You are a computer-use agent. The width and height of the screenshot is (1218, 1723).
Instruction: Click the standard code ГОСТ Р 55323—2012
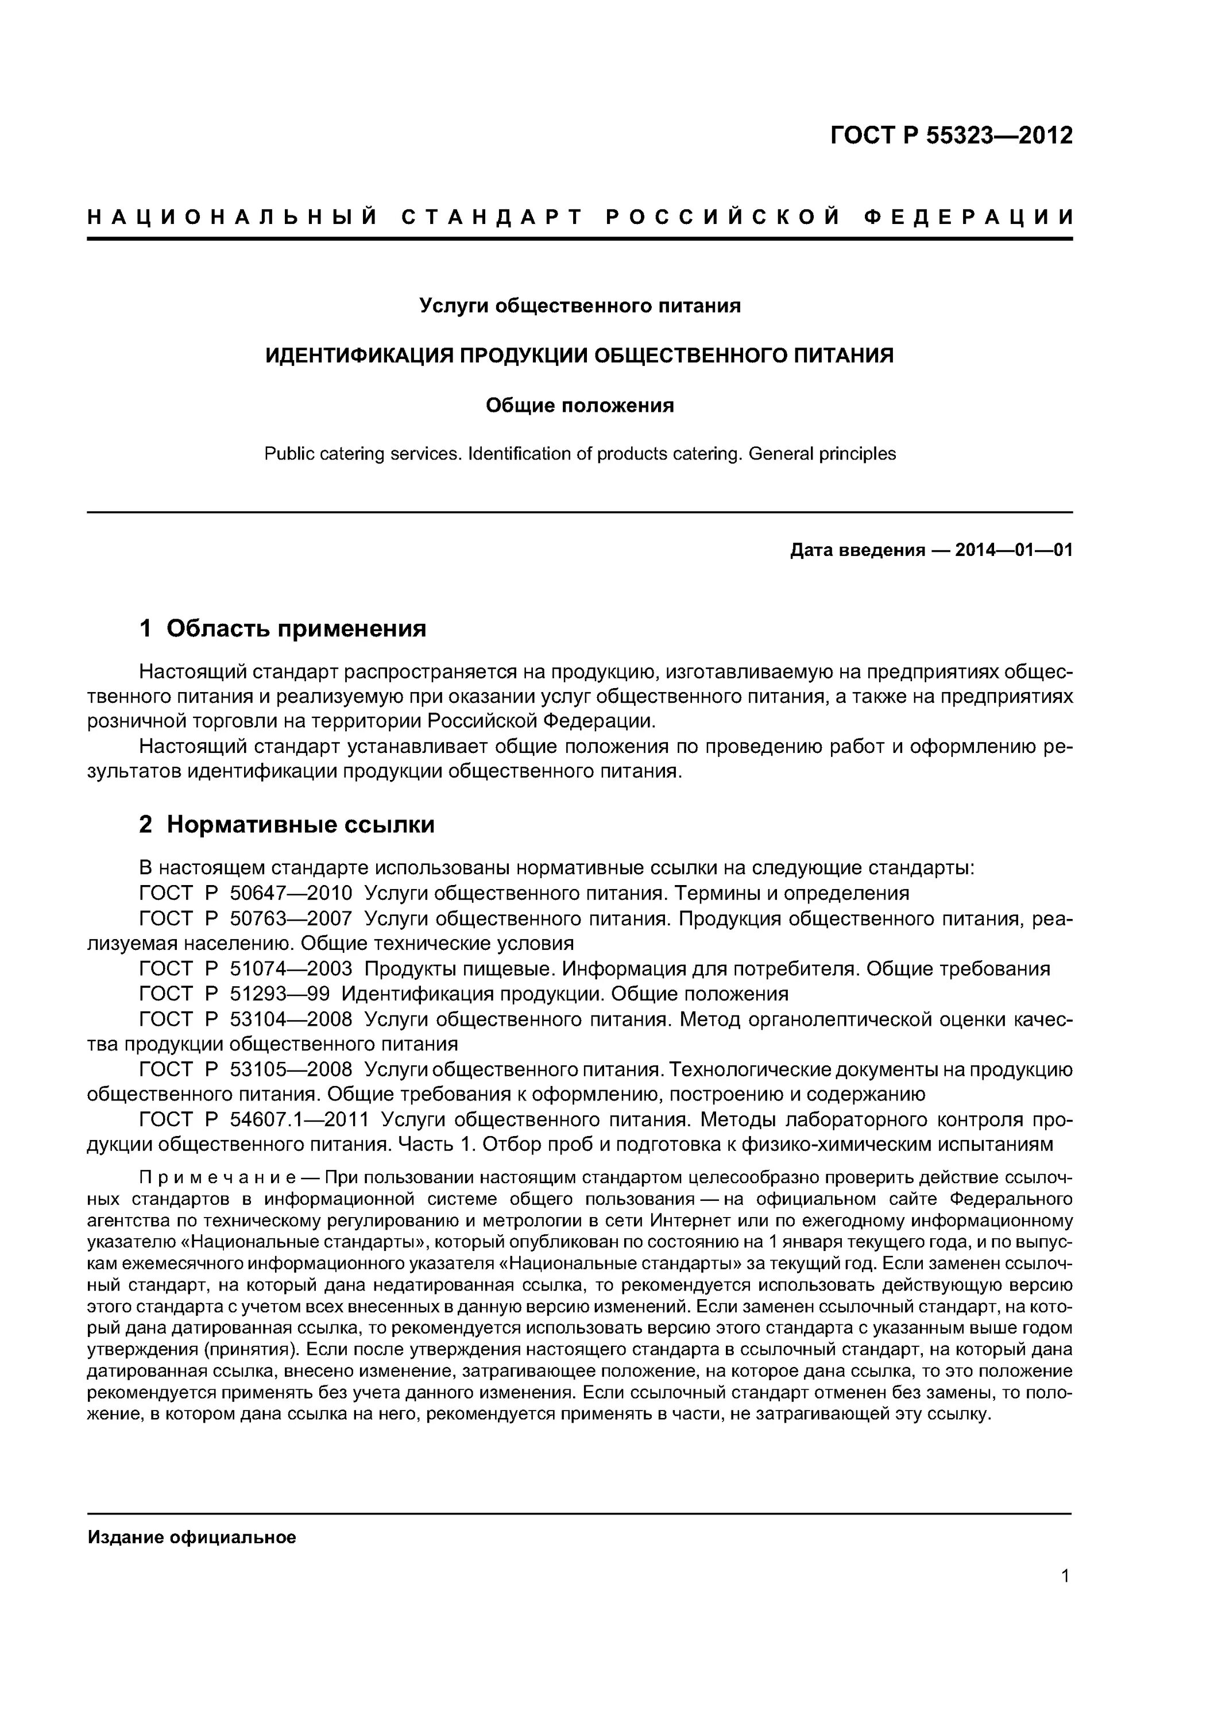(951, 136)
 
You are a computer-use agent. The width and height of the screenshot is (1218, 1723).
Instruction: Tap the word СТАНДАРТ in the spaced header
(492, 218)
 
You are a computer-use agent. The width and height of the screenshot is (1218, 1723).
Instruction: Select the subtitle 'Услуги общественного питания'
(579, 306)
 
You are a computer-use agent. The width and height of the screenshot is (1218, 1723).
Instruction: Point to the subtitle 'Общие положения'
(579, 406)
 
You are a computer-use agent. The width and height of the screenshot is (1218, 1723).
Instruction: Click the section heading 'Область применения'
(296, 628)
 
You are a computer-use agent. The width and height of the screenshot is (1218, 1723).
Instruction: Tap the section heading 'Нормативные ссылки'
(300, 825)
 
